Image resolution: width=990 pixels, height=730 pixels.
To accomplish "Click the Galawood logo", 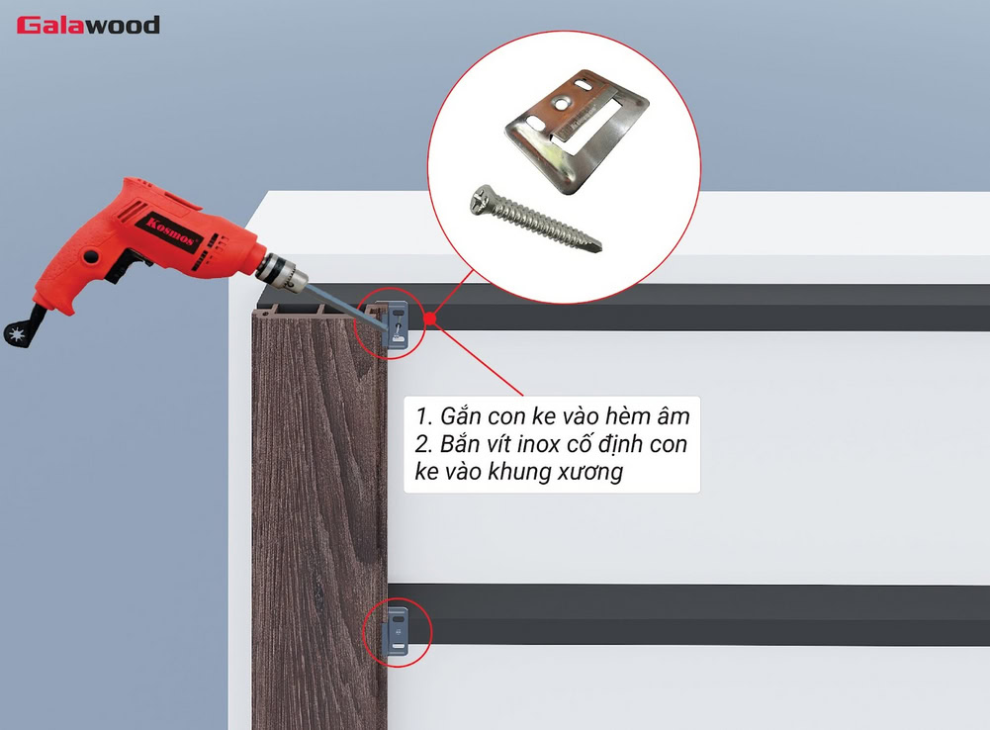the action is click(88, 25).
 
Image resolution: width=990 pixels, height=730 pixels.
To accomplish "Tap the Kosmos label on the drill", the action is click(170, 231).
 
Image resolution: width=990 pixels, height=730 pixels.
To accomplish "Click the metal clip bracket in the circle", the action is click(577, 130).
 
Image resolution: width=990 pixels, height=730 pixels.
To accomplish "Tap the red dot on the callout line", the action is click(430, 319).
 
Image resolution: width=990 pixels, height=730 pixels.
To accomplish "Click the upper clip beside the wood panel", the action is click(397, 325).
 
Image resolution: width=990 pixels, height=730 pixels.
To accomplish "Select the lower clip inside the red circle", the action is click(398, 631).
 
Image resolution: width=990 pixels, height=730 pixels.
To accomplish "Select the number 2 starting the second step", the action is click(421, 444).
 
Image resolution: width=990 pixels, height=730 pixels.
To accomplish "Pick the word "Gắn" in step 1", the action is click(460, 416).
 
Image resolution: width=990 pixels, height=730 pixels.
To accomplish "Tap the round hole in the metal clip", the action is click(560, 102).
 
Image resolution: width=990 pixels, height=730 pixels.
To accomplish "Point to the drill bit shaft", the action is click(345, 307).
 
